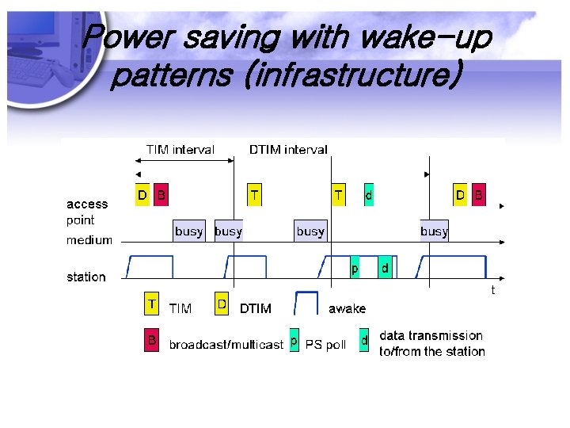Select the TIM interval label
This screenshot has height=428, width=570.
point(180,150)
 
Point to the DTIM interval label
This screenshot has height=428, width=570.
point(288,150)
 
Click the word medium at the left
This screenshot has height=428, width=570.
point(89,240)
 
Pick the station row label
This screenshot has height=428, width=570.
point(86,277)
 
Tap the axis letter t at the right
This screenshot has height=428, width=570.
point(492,291)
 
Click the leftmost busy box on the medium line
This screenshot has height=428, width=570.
point(189,231)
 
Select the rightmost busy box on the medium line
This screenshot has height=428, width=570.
point(434,231)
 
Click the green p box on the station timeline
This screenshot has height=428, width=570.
point(355,269)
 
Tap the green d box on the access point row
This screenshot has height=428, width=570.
point(368,193)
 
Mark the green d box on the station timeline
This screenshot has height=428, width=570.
point(385,269)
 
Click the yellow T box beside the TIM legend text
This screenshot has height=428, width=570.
point(151,304)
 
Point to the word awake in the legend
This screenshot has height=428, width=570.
point(348,308)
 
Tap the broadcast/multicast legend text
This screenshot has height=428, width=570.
point(226,345)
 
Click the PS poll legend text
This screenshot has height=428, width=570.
point(326,345)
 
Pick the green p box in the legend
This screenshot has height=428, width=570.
point(294,341)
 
